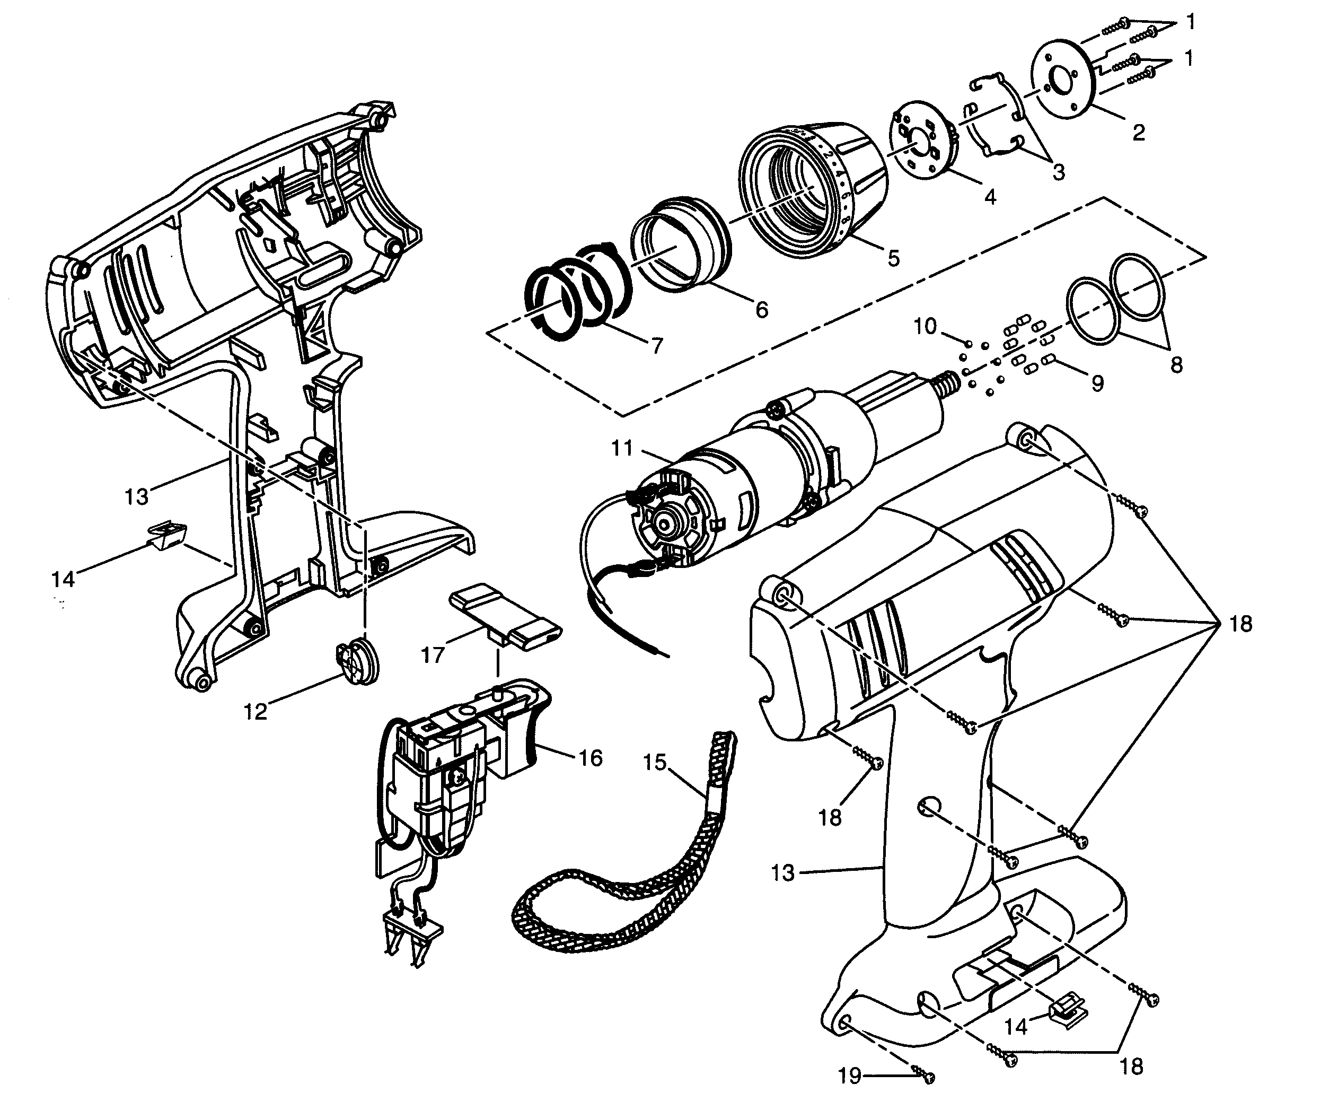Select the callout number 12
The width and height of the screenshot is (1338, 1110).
click(255, 712)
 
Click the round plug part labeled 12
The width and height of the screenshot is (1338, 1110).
click(357, 663)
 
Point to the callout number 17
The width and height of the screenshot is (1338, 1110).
click(433, 655)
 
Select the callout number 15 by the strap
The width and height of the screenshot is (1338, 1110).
click(654, 762)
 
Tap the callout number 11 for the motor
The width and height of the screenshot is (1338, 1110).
click(622, 448)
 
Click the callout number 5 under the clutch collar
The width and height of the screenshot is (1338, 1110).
click(893, 258)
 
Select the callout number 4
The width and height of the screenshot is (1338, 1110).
click(990, 197)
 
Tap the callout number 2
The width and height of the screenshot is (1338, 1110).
click(1138, 133)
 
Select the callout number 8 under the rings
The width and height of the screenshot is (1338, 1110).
click(1176, 365)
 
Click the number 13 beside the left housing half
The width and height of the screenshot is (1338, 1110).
click(136, 496)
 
